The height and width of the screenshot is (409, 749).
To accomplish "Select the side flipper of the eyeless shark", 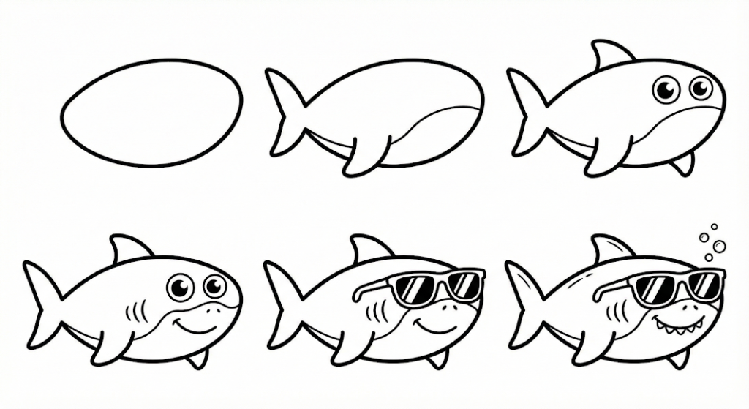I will tap(364, 154).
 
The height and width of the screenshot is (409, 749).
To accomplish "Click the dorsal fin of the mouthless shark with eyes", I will tap(609, 56).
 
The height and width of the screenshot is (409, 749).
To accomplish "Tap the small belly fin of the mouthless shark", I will tap(684, 164).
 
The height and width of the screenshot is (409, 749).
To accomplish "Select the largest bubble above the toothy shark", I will tap(719, 245).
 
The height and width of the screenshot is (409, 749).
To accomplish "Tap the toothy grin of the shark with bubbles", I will tap(672, 322).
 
